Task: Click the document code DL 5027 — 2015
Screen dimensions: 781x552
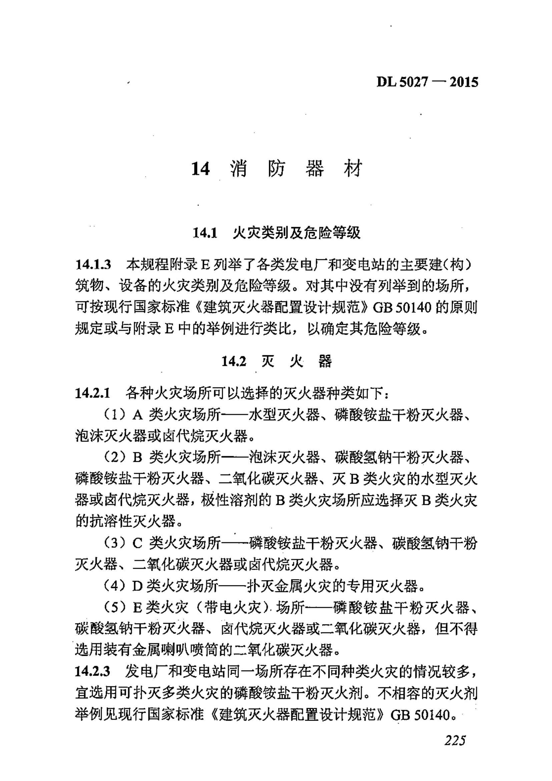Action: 427,82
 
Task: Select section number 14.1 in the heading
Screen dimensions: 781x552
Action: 205,233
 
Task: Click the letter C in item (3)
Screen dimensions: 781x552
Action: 138,544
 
